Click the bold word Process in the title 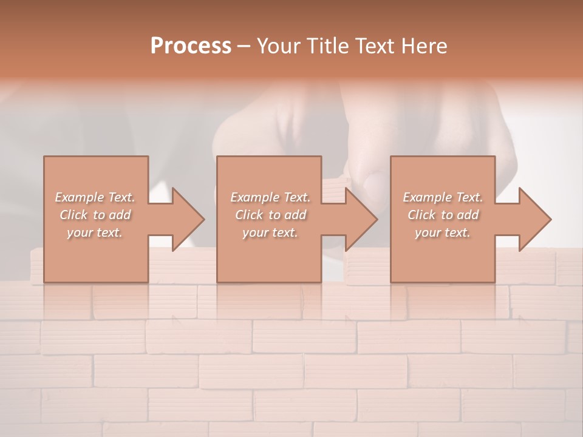pos(191,46)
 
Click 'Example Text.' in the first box pos(95,197)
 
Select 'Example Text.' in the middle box pos(270,197)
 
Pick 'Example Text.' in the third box pos(443,197)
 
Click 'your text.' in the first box pos(94,232)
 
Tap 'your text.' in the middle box pos(270,232)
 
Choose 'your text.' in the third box pos(442,232)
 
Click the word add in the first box pos(120,215)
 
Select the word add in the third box pos(468,215)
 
